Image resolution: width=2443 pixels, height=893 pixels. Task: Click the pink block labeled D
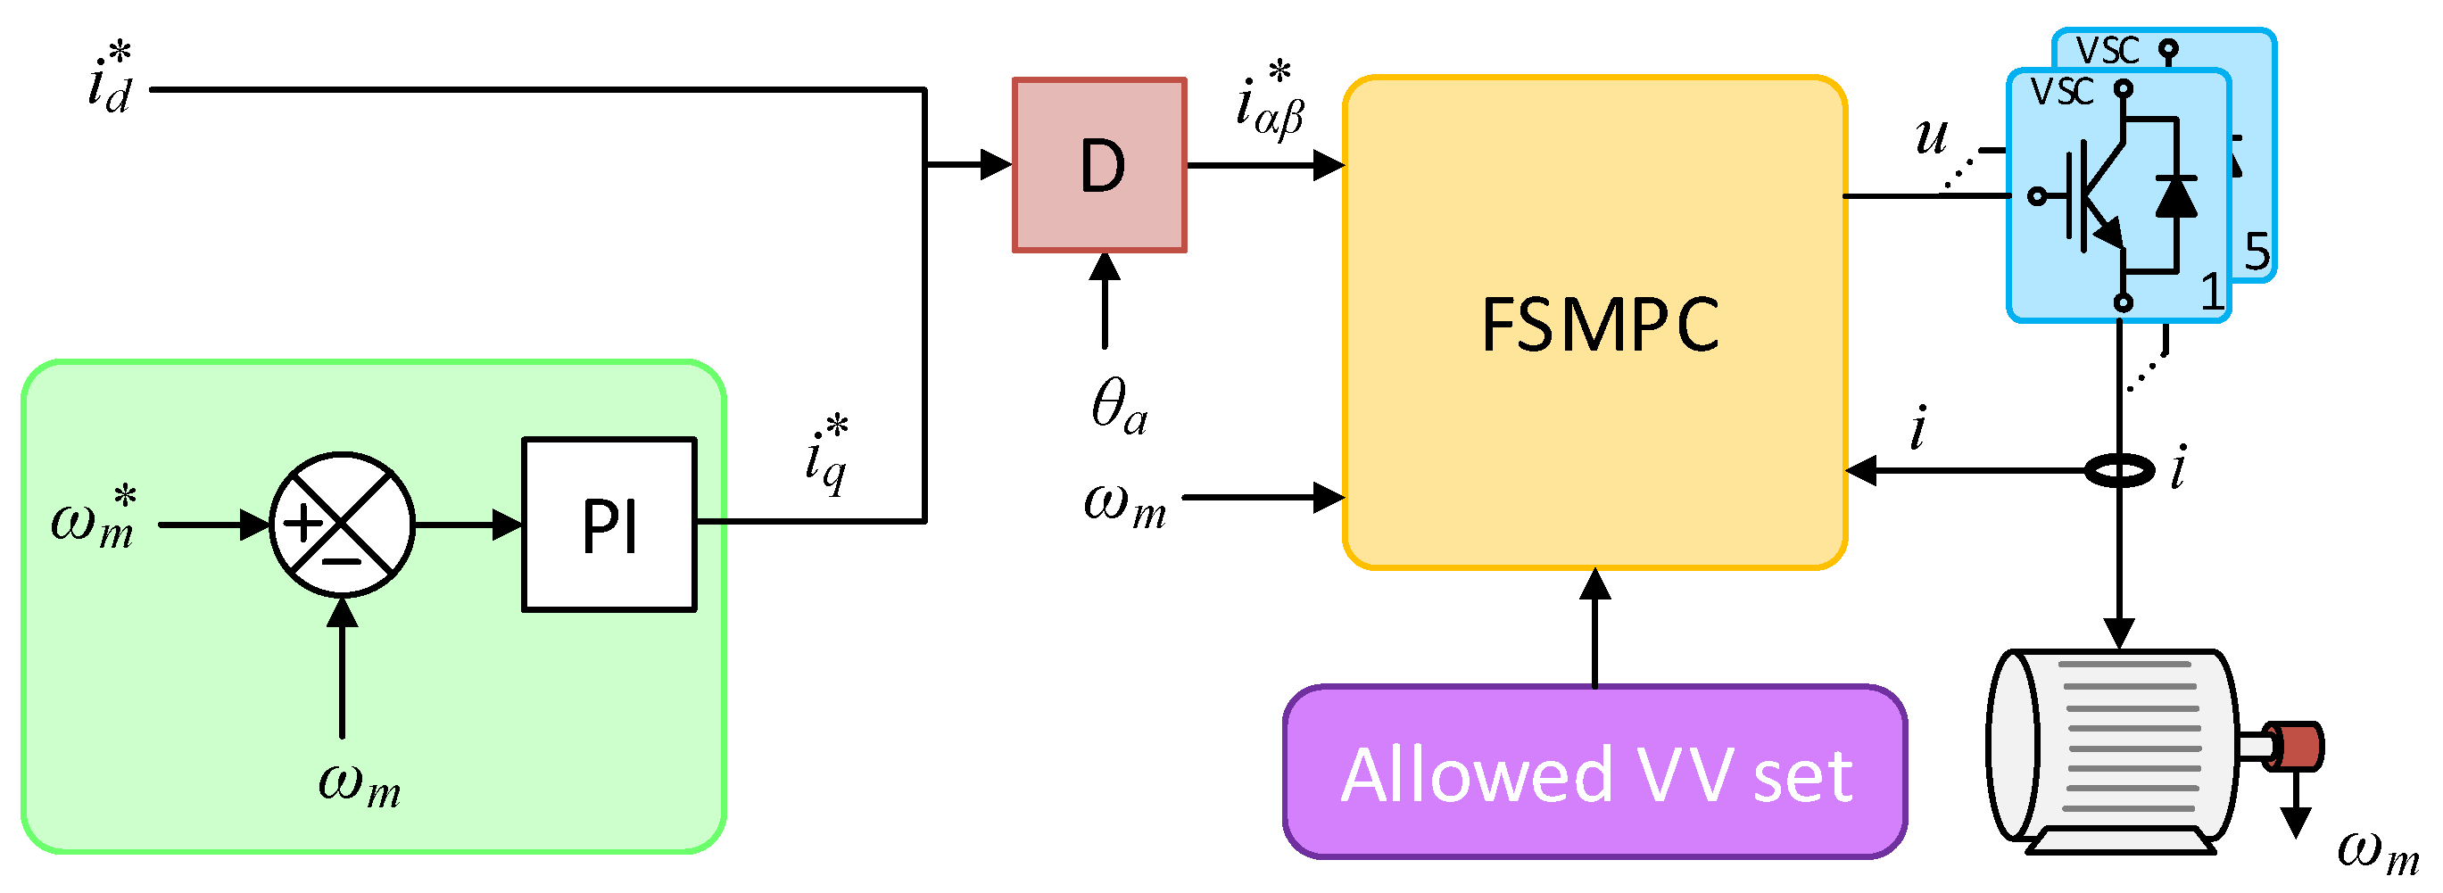pyautogui.click(x=1099, y=165)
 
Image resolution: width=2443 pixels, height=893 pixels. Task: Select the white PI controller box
pyautogui.click(x=609, y=525)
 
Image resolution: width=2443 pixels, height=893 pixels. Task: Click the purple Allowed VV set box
pyautogui.click(x=1594, y=773)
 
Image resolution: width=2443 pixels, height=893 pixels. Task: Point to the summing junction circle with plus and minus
pyautogui.click(x=342, y=524)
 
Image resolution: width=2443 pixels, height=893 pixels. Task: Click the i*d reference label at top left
pyautogui.click(x=110, y=79)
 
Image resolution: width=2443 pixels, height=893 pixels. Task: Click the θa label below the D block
pyautogui.click(x=1119, y=405)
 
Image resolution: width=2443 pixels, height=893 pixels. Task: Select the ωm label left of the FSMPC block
pyautogui.click(x=1125, y=501)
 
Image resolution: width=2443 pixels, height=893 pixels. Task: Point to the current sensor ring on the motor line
pyautogui.click(x=2120, y=470)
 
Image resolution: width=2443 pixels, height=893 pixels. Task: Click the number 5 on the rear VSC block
pyautogui.click(x=2257, y=252)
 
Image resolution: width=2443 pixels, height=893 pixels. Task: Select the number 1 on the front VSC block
pyautogui.click(x=2212, y=291)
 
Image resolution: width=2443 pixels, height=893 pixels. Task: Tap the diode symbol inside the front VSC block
pyautogui.click(x=2175, y=196)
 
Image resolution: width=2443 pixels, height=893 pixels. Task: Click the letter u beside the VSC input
pyautogui.click(x=1932, y=136)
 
